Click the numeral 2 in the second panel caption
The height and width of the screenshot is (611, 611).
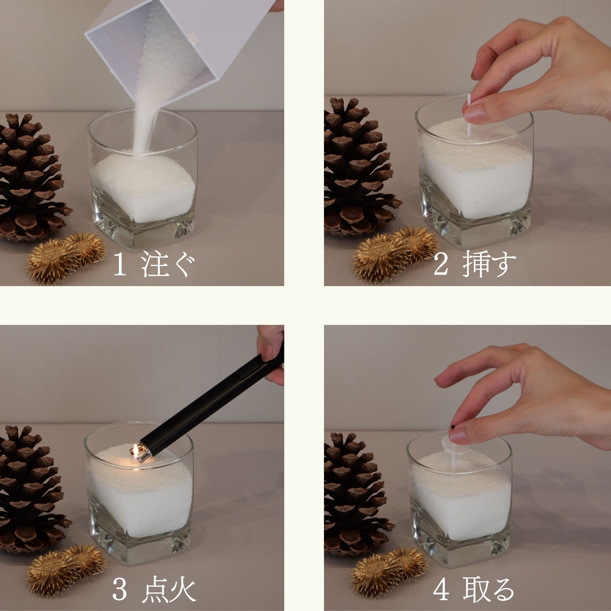click(441, 264)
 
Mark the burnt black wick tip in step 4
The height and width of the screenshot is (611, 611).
click(453, 428)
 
